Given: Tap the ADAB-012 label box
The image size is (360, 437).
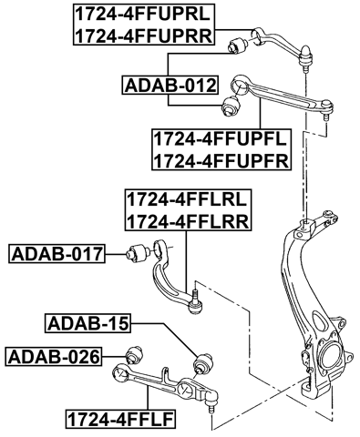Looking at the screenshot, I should [x=170, y=86].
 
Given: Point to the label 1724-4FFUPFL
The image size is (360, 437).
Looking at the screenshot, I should [x=220, y=139].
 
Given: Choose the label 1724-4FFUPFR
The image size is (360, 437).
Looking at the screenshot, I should [x=220, y=160].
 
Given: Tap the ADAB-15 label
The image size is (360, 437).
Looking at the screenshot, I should [x=87, y=322].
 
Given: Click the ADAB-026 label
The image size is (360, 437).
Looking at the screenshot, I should [x=52, y=356].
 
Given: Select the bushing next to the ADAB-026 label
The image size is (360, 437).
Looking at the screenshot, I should [x=137, y=354].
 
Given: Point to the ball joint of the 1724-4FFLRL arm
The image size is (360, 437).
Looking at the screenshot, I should [x=195, y=301].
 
